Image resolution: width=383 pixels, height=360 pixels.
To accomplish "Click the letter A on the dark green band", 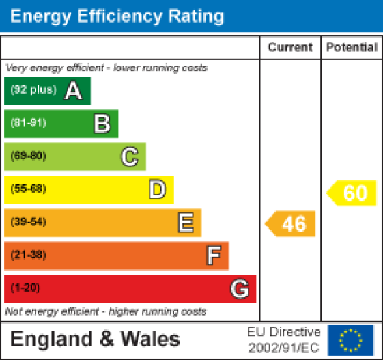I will [73, 91].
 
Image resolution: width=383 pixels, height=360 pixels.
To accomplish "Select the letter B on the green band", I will [101, 124].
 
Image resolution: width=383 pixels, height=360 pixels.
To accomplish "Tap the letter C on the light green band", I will [129, 156].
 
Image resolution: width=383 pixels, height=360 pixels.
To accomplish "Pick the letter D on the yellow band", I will [157, 189].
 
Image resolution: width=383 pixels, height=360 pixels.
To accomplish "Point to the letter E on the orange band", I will [185, 222].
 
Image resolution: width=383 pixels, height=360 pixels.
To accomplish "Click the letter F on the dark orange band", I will [213, 255].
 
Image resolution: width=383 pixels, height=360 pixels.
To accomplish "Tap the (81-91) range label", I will [28, 124].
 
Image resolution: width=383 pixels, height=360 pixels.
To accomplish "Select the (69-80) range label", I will [28, 156].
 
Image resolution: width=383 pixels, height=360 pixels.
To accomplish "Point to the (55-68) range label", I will [28, 189].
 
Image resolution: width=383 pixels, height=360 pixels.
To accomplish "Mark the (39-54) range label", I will [28, 222].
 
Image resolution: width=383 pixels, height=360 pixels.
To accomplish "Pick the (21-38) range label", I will [28, 255].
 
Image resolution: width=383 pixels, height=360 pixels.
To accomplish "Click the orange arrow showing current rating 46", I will [291, 223].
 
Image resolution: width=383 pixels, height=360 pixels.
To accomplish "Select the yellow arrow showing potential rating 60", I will [352, 193].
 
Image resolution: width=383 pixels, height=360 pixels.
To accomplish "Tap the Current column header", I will [290, 48].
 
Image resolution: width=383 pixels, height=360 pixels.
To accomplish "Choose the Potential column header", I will [352, 48].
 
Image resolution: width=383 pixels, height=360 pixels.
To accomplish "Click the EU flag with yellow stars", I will [351, 340].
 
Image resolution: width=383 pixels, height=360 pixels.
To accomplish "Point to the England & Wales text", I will [96, 339].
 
